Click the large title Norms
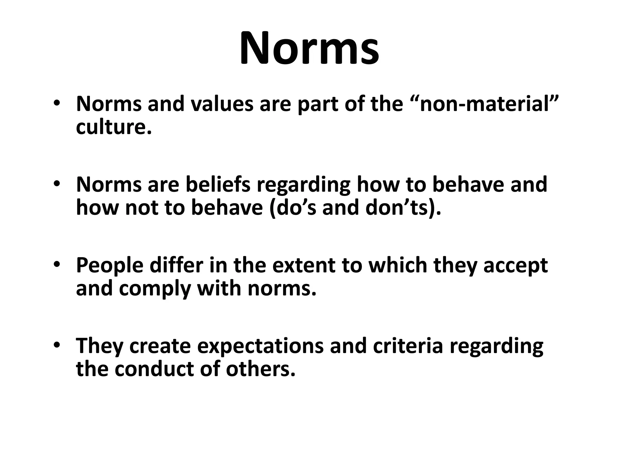tap(309, 48)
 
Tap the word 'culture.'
tap(113, 127)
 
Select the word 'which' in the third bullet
tap(398, 265)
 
